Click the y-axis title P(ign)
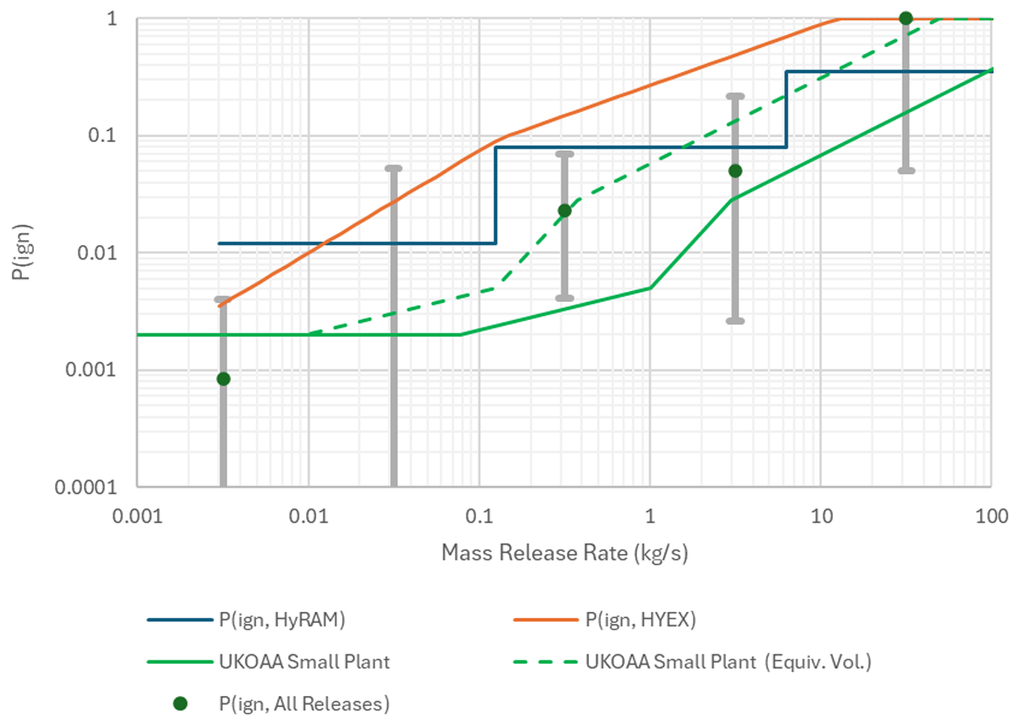tap(22, 252)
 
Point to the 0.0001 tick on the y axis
tap(86, 488)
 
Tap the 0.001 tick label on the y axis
tap(92, 370)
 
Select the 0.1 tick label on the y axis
tap(103, 135)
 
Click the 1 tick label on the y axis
tap(112, 20)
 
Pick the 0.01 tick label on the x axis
tap(309, 517)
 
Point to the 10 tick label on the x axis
tap(821, 517)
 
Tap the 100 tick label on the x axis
tap(991, 517)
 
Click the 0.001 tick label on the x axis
tap(138, 517)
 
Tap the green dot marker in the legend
tap(180, 704)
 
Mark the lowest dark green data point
tap(223, 379)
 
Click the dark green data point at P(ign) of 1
tap(906, 19)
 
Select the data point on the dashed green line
tap(564, 211)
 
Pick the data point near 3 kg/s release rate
tap(735, 171)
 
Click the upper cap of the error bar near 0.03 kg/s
tap(394, 168)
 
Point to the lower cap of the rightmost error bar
tap(906, 171)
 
